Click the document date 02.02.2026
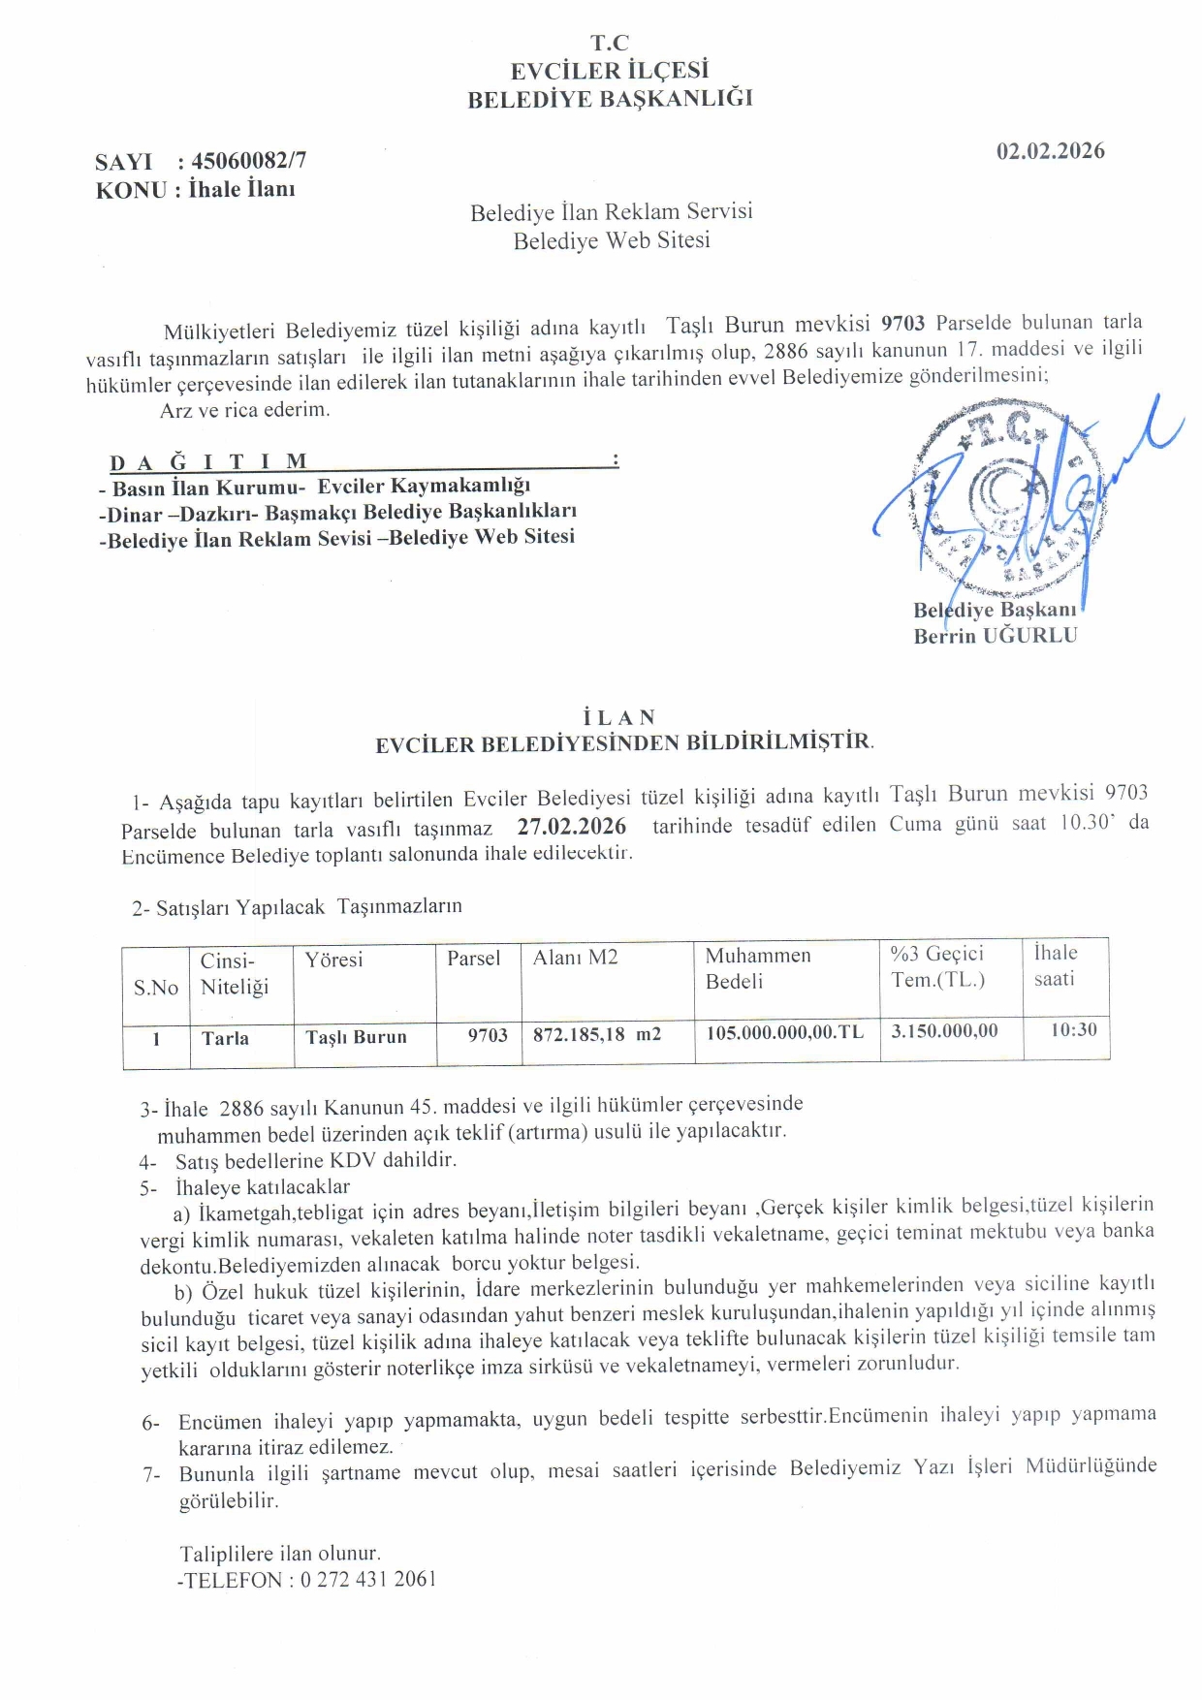click(x=1050, y=151)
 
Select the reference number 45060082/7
click(x=248, y=161)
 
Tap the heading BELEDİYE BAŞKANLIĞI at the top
click(x=610, y=99)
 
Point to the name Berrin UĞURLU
click(x=995, y=636)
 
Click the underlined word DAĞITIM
click(x=208, y=461)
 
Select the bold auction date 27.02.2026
click(x=571, y=826)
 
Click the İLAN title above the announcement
click(x=619, y=717)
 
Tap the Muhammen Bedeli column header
click(x=757, y=968)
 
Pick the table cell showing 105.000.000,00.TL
click(x=784, y=1032)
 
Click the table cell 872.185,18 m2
click(x=596, y=1034)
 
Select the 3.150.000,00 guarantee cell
click(x=944, y=1031)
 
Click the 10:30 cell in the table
click(x=1073, y=1029)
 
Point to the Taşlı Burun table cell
click(x=356, y=1036)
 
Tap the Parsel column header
click(x=473, y=959)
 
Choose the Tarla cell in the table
click(x=225, y=1038)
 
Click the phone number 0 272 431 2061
click(x=368, y=1579)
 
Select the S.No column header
click(x=156, y=988)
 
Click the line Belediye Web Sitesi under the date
click(x=611, y=240)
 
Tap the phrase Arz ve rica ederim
click(x=244, y=410)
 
